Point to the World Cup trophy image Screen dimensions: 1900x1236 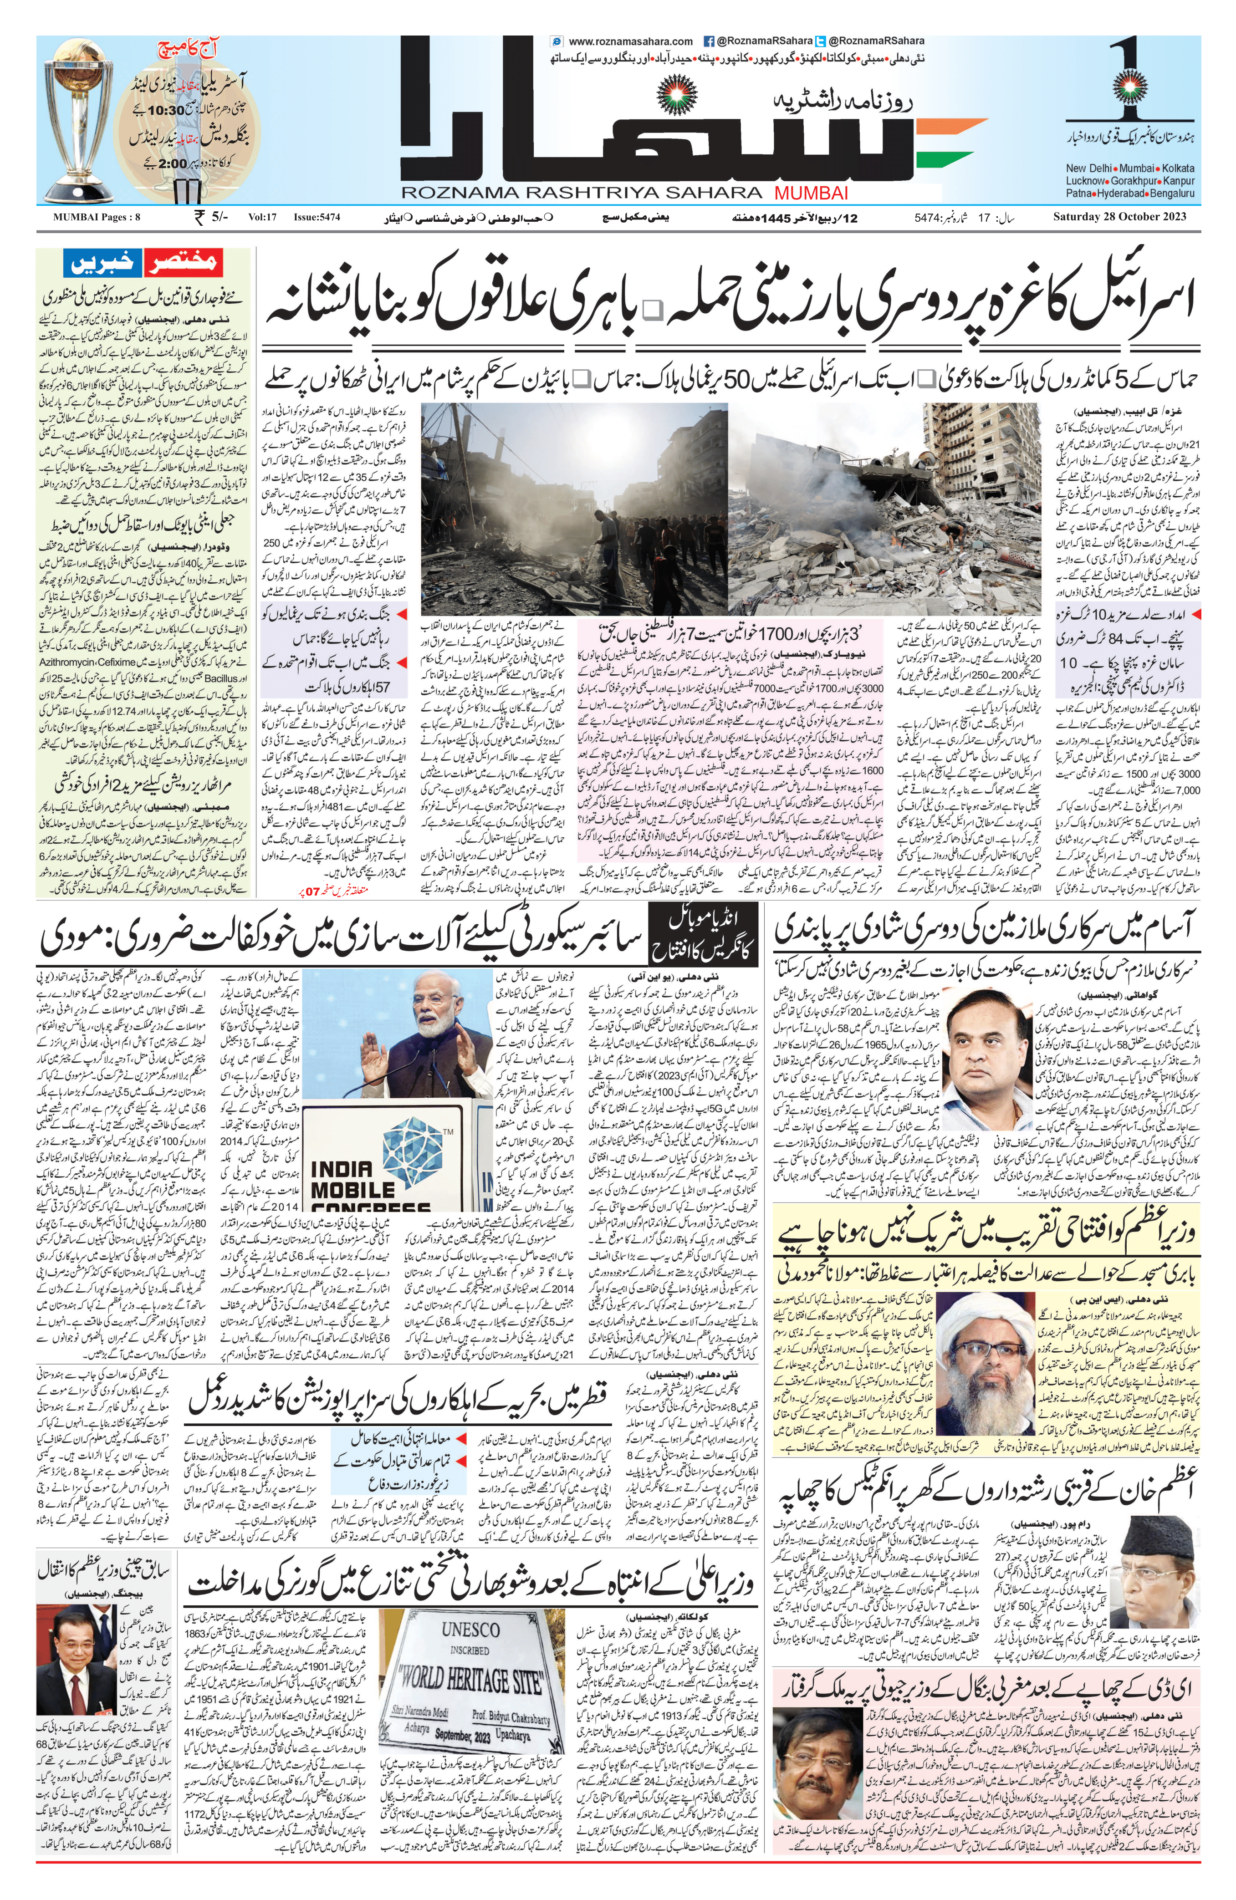(79, 120)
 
